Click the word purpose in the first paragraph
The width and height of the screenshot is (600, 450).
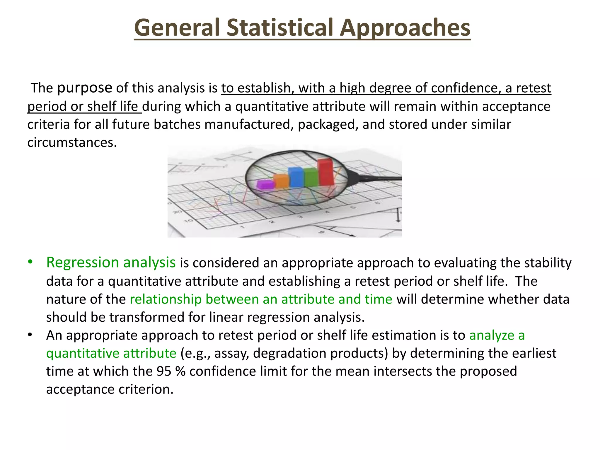coord(85,88)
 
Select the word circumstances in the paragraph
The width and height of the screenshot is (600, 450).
coord(72,143)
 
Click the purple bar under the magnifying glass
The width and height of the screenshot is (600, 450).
coord(265,185)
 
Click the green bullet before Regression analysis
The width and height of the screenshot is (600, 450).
coord(30,262)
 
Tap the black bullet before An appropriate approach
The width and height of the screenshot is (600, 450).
coord(30,335)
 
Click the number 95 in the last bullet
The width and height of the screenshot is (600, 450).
coord(164,371)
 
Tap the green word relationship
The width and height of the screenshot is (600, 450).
coord(166,299)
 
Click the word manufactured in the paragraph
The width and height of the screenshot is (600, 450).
coord(249,125)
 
